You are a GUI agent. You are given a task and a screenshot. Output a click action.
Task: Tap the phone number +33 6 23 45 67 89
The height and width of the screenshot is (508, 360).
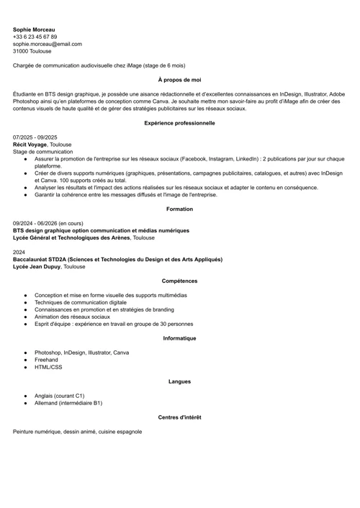point(35,37)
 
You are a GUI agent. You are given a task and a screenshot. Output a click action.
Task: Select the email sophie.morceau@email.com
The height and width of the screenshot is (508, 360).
point(47,44)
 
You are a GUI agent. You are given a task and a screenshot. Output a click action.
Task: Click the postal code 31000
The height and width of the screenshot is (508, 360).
point(21,51)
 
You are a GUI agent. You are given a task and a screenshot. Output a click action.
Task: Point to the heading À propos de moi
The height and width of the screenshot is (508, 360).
point(179,80)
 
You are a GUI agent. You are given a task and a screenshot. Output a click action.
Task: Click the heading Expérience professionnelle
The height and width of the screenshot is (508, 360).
point(179,123)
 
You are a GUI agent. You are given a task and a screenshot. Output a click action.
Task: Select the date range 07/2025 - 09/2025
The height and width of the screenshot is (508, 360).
point(35,137)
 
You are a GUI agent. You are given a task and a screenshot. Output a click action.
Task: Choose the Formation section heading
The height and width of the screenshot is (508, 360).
point(179,209)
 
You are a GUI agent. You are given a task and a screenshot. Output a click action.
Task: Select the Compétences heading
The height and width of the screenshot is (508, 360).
point(179,281)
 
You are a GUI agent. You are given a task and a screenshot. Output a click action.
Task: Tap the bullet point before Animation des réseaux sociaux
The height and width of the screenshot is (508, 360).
point(25,317)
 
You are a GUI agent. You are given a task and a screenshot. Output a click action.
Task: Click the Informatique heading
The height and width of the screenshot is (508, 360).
point(179,338)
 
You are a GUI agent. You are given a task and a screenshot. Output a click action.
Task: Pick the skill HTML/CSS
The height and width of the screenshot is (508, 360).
point(48,367)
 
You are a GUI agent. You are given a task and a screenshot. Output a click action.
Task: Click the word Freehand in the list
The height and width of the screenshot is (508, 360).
point(47,360)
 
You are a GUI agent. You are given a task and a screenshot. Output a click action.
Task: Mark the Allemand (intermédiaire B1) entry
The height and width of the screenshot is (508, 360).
point(68,403)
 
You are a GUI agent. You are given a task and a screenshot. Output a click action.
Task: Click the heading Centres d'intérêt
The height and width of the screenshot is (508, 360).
point(179,417)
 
